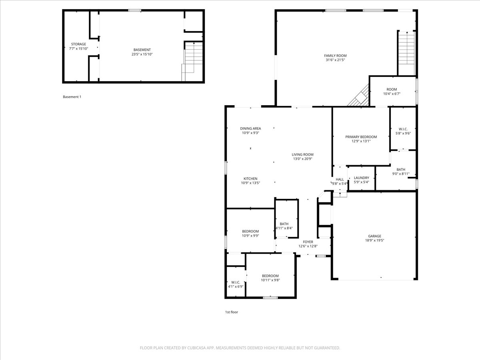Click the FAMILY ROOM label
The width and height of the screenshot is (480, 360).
335,56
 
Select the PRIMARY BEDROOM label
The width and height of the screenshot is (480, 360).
361,137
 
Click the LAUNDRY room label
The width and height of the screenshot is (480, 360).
361,178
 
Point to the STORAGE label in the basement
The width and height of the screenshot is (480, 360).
78,44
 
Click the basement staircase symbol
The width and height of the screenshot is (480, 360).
190,60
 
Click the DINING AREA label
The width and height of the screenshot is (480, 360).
250,128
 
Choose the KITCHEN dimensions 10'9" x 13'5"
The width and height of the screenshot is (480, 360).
250,183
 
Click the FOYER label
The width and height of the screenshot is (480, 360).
308,242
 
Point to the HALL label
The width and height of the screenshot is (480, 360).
340,179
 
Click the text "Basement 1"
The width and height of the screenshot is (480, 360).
72,97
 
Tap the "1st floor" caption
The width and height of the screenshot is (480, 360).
231,312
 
